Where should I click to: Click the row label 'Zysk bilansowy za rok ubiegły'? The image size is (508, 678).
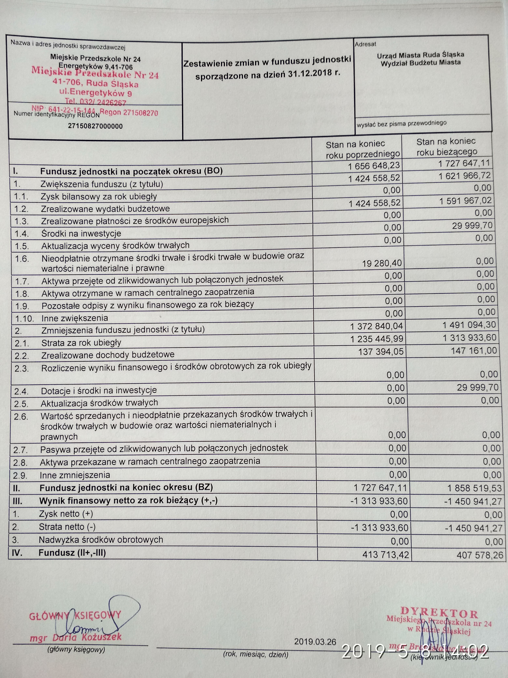coord(99,196)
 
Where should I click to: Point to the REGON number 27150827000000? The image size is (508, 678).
coord(95,126)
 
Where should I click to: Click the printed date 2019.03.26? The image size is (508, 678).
coord(315,641)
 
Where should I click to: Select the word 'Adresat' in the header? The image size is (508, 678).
coord(365,44)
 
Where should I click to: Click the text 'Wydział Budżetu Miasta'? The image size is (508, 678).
coord(420,63)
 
